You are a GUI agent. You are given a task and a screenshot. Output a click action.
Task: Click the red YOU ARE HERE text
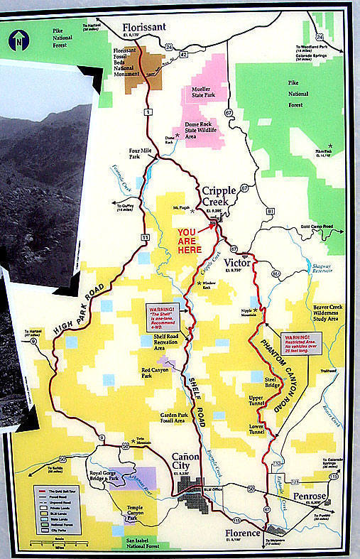coord(190,241)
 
